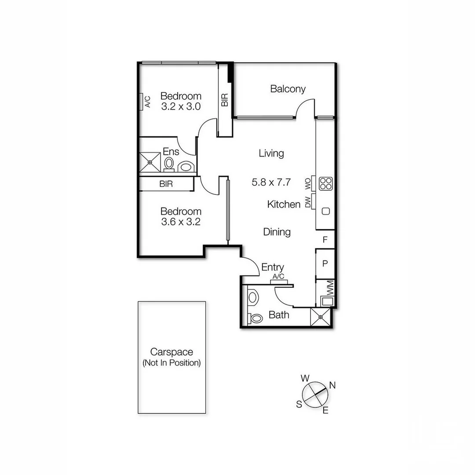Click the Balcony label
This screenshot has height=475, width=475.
pos(288,89)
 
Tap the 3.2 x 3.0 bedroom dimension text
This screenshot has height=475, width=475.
pos(181,106)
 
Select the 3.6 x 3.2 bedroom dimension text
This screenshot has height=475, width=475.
pos(181,222)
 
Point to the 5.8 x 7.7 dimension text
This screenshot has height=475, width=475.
pos(271,182)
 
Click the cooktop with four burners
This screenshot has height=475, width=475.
pos(325,183)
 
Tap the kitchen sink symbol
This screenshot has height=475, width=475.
pos(325,211)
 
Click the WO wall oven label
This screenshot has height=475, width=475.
pos(308,183)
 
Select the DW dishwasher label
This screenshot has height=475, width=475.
pos(308,202)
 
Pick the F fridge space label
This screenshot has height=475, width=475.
pos(325,240)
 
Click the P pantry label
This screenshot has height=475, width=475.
pos(325,264)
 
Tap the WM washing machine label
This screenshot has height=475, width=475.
pos(330,289)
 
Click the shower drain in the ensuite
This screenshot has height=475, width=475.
pos(150,162)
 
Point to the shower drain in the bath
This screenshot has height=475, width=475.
pos(321,317)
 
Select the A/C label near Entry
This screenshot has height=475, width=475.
pos(278,276)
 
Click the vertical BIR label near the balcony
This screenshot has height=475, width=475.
pos(225,100)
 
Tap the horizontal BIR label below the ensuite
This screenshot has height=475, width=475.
pos(166,184)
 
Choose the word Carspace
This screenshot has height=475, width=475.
pos(172,352)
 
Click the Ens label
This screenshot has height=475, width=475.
pos(171,152)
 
